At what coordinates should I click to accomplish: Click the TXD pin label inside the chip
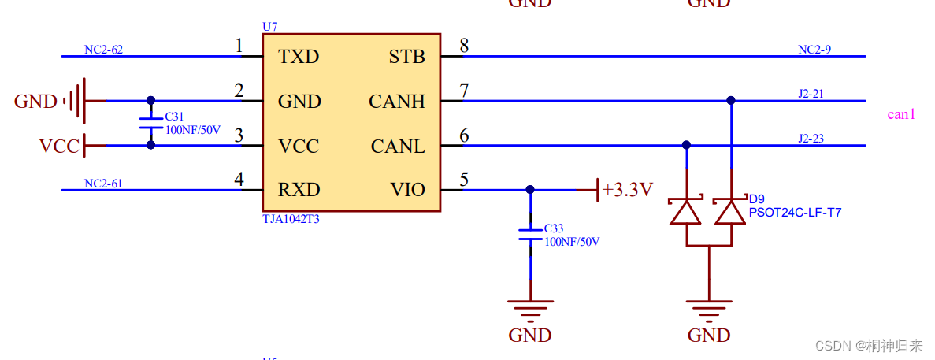pos(299,57)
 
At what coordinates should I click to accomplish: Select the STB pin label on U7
pos(406,57)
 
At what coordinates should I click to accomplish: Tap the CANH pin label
pos(396,102)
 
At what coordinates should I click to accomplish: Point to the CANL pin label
pos(398,147)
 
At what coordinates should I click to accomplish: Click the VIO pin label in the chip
pos(407,190)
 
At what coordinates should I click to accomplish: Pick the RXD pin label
pos(299,190)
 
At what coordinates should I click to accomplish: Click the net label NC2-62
pos(103,50)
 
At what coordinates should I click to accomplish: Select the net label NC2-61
pos(103,184)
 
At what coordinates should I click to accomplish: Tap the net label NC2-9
pos(814,50)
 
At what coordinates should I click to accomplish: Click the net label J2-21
pos(811,94)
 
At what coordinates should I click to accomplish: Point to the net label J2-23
pos(811,139)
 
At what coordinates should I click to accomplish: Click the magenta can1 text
pos(901,114)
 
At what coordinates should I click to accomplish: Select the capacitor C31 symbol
pos(150,123)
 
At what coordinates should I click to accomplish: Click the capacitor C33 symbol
pos(530,235)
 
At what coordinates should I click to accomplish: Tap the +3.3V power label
pos(627,190)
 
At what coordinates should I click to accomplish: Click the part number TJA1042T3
pos(291,220)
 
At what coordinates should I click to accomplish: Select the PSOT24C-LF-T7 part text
pos(794,212)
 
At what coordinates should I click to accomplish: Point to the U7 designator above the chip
pos(269,27)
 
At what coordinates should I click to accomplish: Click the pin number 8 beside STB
pos(464,46)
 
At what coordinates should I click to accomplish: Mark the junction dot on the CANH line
pos(731,101)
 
